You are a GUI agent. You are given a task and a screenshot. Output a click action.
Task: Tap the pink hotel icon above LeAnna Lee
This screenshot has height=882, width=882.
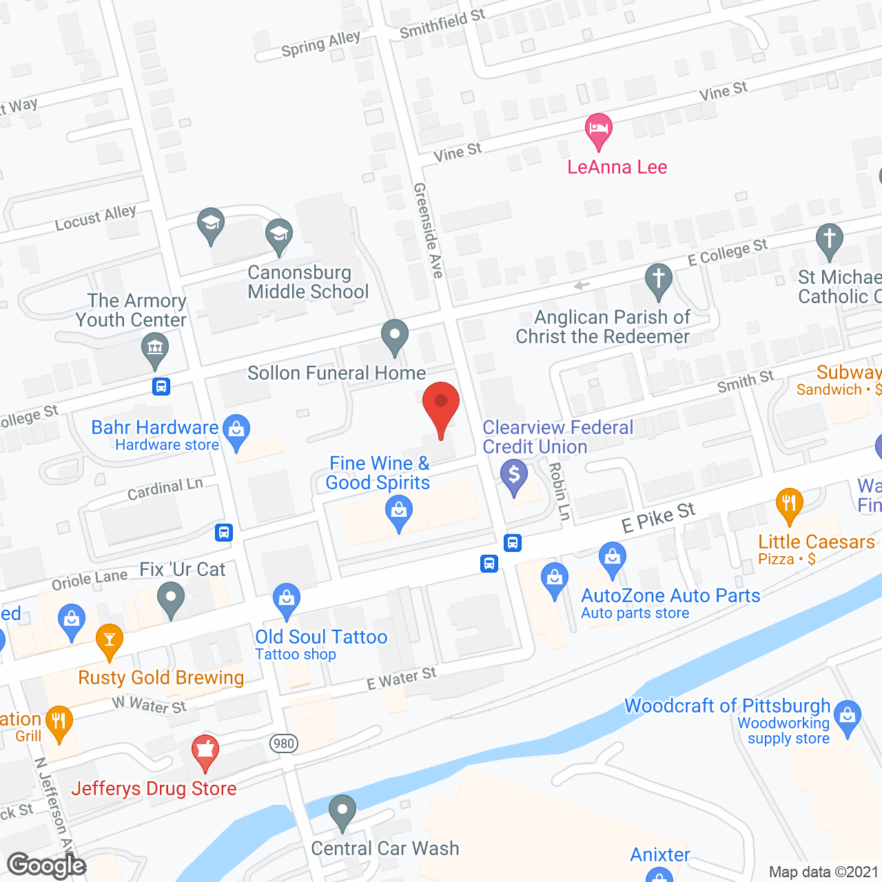[598, 130]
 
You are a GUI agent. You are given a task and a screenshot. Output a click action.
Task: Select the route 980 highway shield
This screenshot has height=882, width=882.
[284, 743]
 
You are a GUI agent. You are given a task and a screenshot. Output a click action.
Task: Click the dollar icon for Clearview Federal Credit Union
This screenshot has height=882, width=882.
[513, 476]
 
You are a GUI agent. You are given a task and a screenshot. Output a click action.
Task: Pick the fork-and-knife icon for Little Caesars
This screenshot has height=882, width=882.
[789, 504]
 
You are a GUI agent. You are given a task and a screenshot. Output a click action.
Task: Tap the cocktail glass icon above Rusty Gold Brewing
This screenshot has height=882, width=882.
[109, 640]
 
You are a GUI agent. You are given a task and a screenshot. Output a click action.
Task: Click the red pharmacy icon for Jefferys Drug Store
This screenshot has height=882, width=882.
[205, 751]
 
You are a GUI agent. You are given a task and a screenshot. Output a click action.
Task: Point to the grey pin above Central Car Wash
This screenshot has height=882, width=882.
[342, 811]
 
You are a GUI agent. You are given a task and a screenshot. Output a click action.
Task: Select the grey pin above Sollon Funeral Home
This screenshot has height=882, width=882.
[395, 336]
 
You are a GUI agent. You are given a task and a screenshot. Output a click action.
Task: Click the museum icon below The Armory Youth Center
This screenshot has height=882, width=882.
[155, 348]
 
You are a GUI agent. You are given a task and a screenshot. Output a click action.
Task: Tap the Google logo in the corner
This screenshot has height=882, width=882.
[47, 865]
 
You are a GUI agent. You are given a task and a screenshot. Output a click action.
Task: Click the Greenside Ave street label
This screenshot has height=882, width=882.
[428, 230]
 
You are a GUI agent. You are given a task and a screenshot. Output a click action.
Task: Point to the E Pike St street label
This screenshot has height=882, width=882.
[658, 517]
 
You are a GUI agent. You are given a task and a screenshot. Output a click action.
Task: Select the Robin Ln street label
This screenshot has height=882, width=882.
[560, 491]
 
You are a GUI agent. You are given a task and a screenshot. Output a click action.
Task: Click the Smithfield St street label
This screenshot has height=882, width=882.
[442, 24]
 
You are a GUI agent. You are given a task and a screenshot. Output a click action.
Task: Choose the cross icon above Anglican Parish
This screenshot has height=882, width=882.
[659, 280]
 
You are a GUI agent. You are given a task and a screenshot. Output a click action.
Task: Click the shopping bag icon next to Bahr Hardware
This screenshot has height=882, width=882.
[236, 431]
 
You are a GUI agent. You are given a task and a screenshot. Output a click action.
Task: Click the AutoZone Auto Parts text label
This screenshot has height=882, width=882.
[670, 595]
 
